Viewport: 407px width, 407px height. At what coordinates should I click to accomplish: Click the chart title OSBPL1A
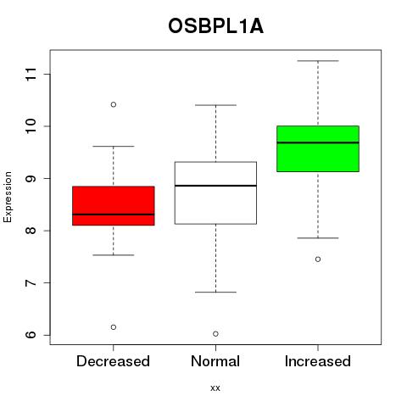215,26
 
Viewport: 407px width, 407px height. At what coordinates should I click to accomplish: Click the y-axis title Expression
8,197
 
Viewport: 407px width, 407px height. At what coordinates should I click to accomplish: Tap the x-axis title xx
215,387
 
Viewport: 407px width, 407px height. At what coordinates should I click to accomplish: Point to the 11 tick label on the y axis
31,74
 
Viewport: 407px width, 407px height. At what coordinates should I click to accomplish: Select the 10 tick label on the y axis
31,126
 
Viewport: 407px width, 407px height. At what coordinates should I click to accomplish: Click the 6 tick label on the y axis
31,335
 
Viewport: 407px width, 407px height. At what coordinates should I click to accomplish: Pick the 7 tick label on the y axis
31,282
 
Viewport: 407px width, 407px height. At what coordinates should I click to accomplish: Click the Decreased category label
113,361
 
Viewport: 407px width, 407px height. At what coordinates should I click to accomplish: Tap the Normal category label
215,361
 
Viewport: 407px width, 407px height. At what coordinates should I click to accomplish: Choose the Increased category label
318,361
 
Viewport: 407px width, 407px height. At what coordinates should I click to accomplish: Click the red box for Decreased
114,206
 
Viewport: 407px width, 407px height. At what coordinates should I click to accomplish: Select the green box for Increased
318,148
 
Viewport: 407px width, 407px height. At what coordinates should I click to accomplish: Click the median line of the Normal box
215,186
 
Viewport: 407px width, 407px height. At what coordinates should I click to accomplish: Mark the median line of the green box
318,142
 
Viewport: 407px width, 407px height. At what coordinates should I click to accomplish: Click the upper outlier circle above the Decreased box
114,104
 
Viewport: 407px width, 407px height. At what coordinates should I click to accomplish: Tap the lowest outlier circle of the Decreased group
114,327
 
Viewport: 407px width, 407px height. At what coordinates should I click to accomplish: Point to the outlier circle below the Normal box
215,334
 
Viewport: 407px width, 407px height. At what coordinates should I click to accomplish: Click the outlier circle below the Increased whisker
318,259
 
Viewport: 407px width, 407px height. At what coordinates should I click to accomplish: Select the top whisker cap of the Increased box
318,61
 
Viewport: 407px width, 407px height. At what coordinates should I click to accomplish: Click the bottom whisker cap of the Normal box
215,292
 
